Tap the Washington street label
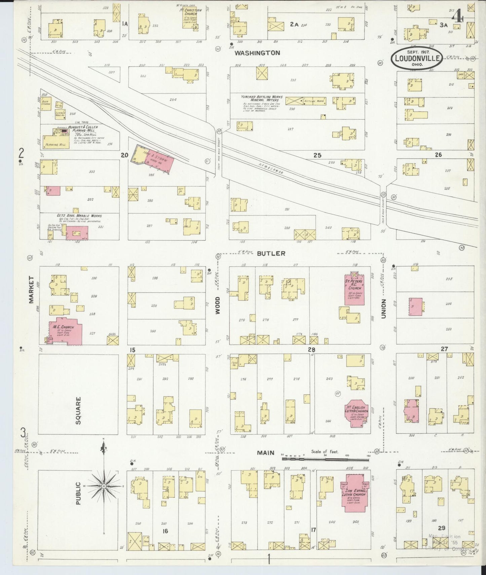(257, 53)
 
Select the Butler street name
(271, 253)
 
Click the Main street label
(266, 453)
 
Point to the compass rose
(104, 486)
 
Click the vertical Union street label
(383, 309)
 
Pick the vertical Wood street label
(218, 305)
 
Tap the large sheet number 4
(457, 16)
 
